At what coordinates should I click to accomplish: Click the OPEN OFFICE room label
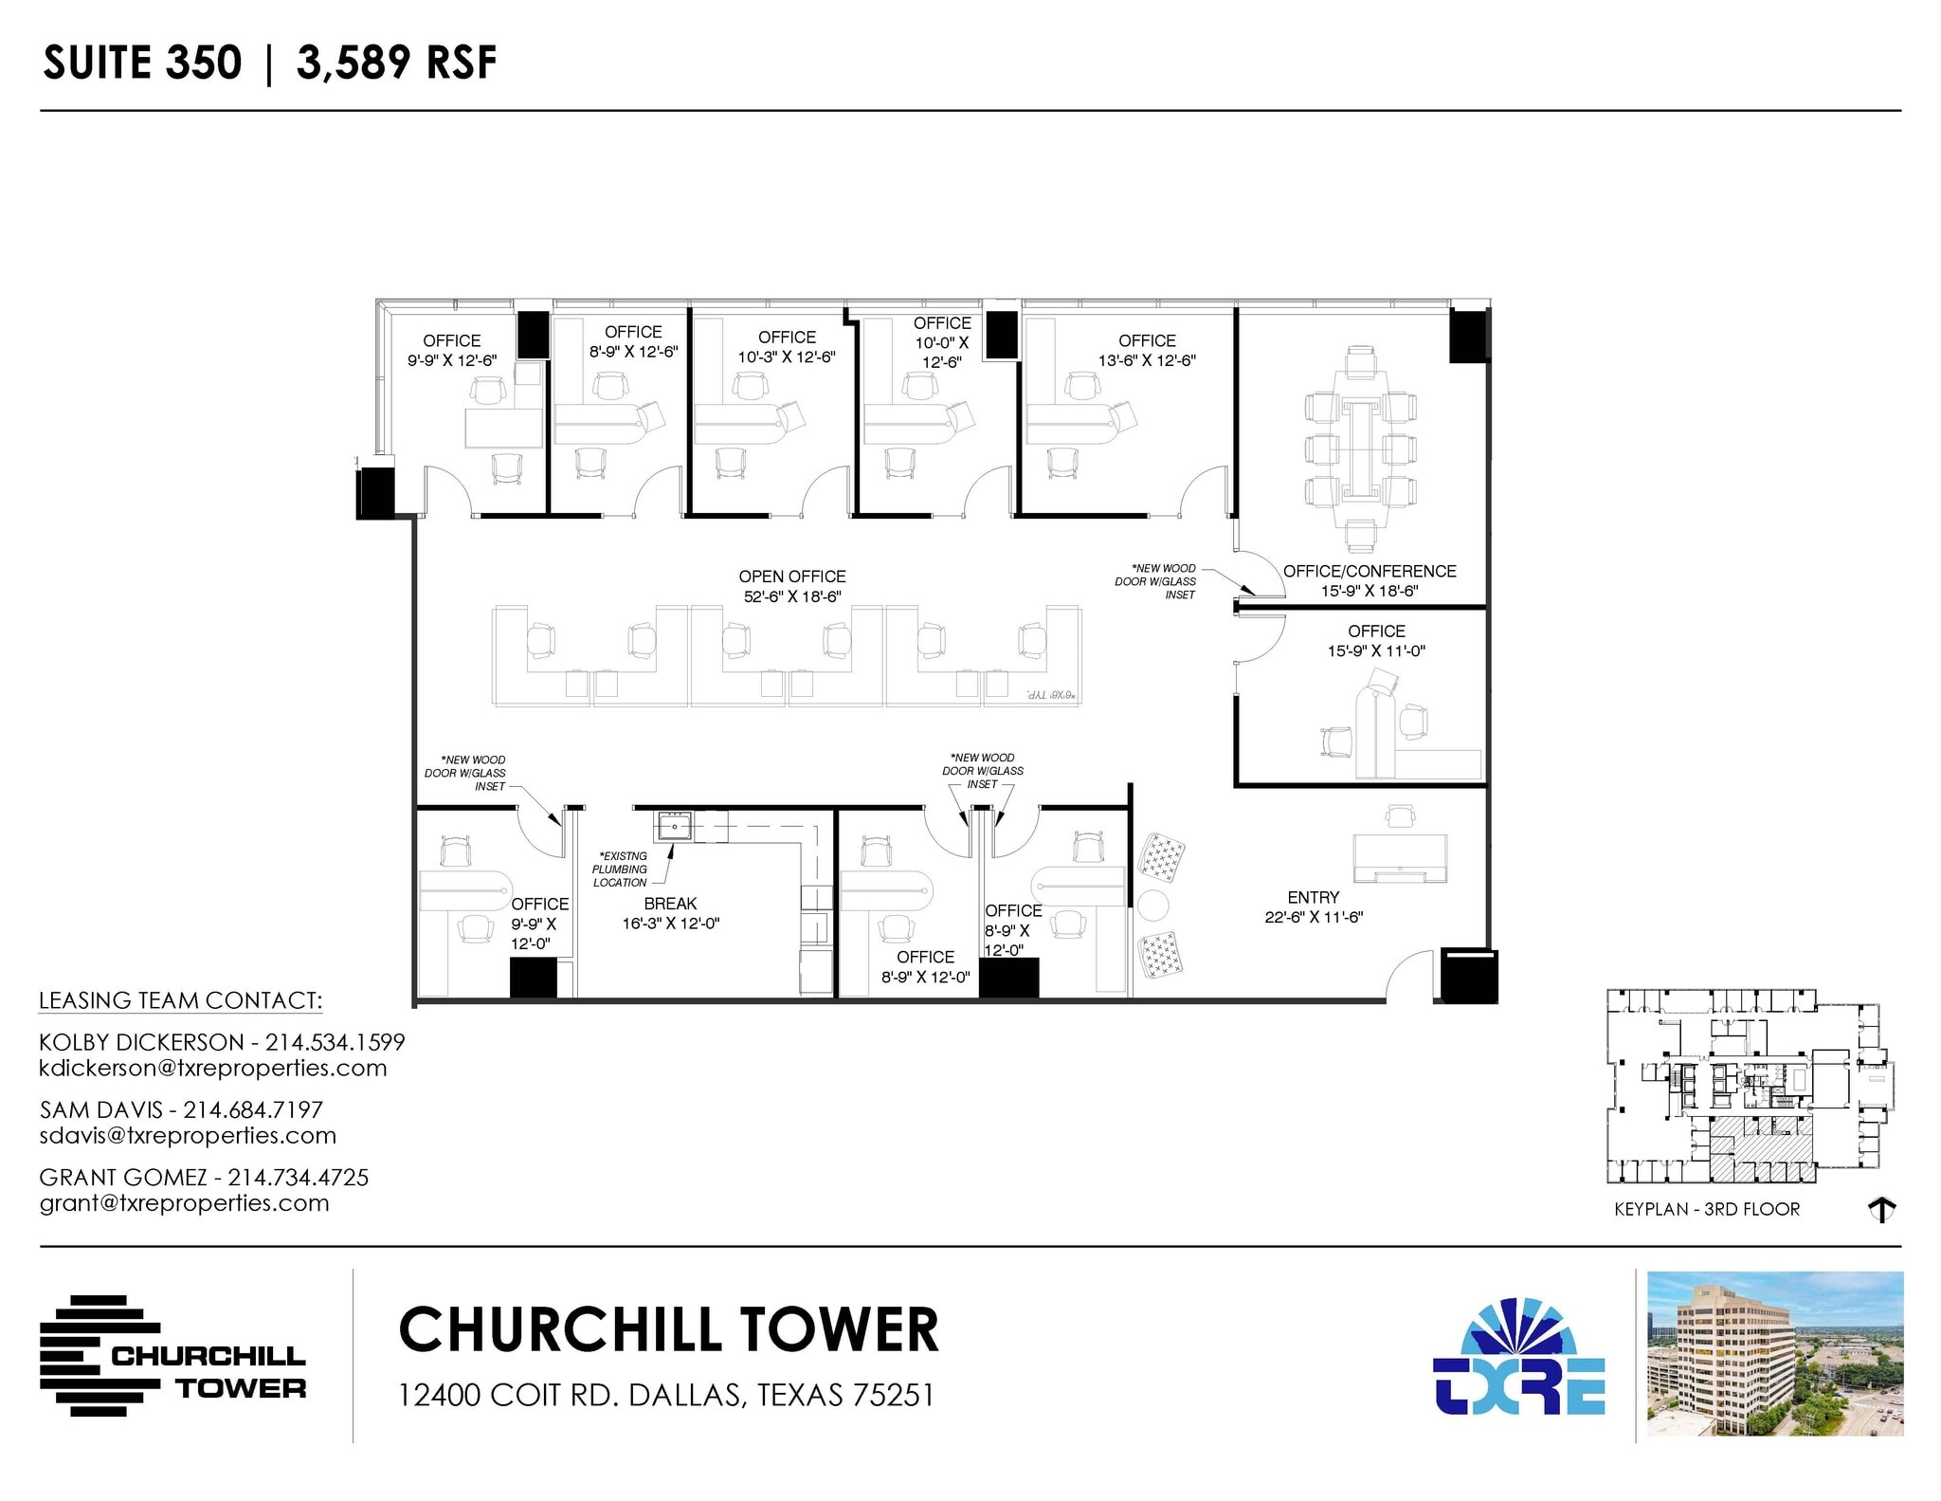(792, 577)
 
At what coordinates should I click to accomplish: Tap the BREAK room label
(670, 904)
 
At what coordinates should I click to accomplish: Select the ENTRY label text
(1313, 897)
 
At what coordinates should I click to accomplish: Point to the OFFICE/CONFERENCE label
(1370, 571)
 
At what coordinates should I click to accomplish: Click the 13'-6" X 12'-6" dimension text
(1147, 360)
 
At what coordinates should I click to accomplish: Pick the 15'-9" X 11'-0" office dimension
(1376, 650)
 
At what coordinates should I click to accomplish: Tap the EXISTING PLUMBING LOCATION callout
(621, 869)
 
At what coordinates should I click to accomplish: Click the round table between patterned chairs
(1153, 906)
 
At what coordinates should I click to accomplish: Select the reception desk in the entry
(1400, 858)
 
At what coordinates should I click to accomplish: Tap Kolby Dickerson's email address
(213, 1069)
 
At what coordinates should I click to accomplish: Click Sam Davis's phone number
(253, 1109)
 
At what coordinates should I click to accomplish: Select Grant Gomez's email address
(185, 1203)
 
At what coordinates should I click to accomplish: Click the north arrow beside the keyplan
(1880, 1210)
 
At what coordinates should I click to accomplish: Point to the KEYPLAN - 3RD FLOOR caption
(1706, 1209)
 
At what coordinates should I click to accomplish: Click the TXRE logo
(1518, 1360)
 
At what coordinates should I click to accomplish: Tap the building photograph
(1774, 1353)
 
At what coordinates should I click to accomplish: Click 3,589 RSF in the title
(396, 64)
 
